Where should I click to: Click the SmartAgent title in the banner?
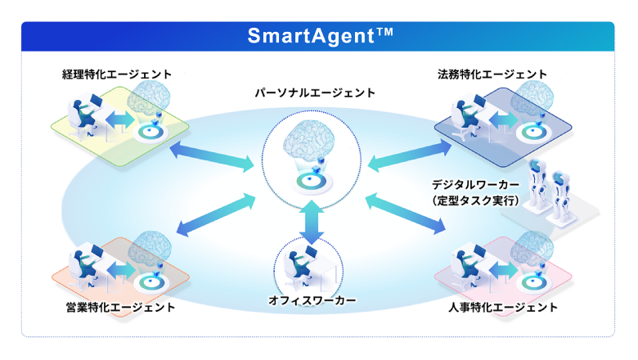click(320, 35)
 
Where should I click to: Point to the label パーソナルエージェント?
click(315, 93)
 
